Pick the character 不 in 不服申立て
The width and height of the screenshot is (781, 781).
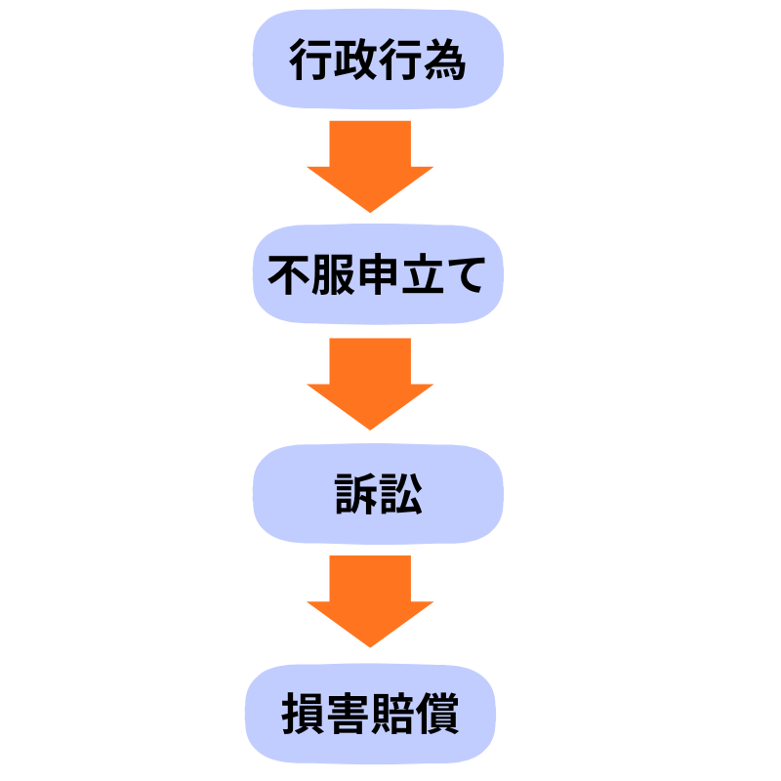pos(290,276)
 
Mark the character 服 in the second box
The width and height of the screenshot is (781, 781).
pos(334,276)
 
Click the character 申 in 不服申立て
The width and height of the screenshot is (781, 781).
pos(379,276)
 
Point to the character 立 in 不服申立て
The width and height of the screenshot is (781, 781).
pos(423,276)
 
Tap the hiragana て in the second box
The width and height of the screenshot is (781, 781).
pos(466,276)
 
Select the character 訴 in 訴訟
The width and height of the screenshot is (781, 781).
pos(355,496)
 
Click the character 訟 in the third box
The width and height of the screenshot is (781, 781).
pos(400,496)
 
